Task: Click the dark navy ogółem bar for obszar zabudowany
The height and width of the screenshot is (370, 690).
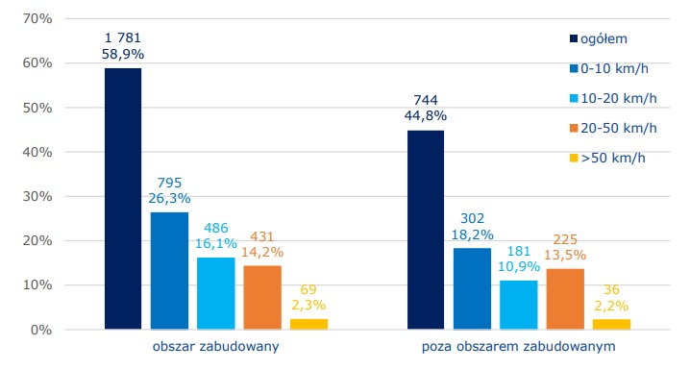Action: click(123, 199)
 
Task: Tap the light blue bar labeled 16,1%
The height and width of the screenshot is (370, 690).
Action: click(215, 293)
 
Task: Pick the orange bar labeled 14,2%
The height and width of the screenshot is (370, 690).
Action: click(262, 298)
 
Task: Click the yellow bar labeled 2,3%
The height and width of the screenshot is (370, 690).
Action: click(308, 324)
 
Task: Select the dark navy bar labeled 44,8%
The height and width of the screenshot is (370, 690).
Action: click(426, 230)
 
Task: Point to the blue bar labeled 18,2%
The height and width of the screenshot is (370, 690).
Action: click(472, 288)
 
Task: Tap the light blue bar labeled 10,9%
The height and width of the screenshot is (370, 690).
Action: click(518, 305)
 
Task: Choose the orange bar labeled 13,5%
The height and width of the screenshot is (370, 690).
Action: click(565, 299)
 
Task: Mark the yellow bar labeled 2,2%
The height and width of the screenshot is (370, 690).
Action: click(611, 324)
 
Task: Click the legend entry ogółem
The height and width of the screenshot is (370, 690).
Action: click(606, 39)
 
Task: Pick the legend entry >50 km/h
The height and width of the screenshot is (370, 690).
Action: click(614, 158)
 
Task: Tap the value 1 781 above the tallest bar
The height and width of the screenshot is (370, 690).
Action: click(123, 37)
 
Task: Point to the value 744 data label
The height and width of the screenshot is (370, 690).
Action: click(426, 99)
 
